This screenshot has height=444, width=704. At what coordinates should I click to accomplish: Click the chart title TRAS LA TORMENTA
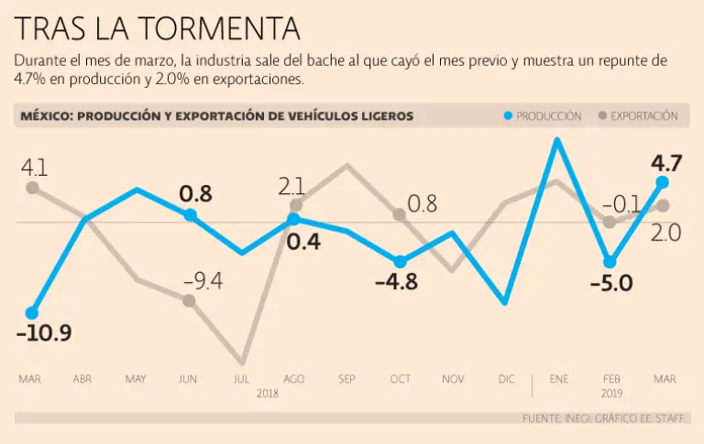pyautogui.click(x=158, y=28)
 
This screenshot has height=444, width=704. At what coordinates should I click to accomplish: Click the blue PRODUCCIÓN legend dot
pyautogui.click(x=508, y=116)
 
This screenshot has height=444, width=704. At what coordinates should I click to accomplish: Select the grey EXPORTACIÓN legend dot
pyautogui.click(x=602, y=116)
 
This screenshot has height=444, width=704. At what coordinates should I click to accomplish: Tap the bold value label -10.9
pyautogui.click(x=44, y=334)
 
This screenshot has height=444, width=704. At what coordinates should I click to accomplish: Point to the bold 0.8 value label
pyautogui.click(x=196, y=194)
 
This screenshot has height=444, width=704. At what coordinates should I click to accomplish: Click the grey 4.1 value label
pyautogui.click(x=34, y=168)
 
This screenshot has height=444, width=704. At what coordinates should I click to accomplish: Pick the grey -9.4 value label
pyautogui.click(x=202, y=280)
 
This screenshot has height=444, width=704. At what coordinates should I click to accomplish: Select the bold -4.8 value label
pyautogui.click(x=396, y=282)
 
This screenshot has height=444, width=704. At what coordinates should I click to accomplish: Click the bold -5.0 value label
pyautogui.click(x=610, y=283)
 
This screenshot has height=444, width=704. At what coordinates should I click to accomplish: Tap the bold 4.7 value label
pyautogui.click(x=666, y=165)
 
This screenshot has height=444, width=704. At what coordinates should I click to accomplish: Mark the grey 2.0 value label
pyautogui.click(x=666, y=233)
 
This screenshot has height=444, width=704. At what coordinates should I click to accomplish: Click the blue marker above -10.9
pyautogui.click(x=32, y=312)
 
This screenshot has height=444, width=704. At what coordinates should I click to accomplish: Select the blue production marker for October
pyautogui.click(x=400, y=262)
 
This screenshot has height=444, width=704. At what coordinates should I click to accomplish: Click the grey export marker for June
pyautogui.click(x=189, y=299)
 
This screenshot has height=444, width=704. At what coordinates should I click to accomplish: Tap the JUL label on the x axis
pyautogui.click(x=242, y=379)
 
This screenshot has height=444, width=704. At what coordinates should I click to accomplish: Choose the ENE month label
pyautogui.click(x=558, y=379)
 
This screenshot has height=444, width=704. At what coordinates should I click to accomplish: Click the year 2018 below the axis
pyautogui.click(x=268, y=394)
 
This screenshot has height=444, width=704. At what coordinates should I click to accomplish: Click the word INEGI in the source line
pyautogui.click(x=583, y=418)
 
